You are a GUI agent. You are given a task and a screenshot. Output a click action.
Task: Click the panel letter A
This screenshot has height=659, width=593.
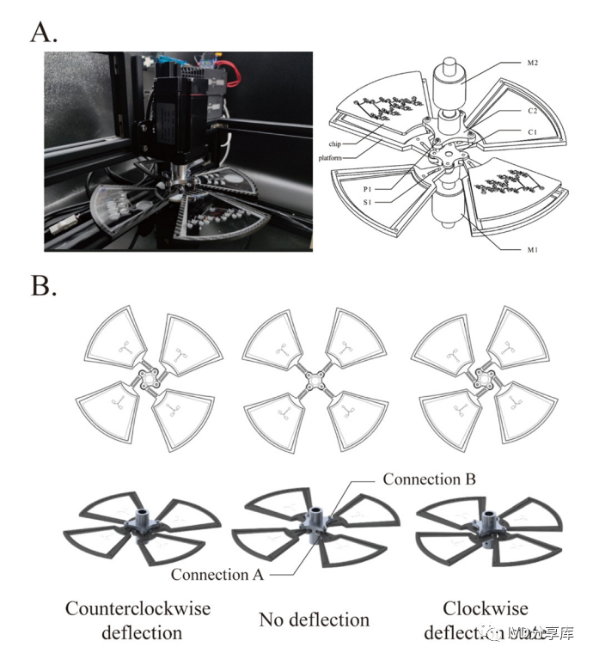click(43, 32)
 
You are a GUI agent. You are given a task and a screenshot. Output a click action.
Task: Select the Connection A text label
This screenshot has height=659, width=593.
click(217, 575)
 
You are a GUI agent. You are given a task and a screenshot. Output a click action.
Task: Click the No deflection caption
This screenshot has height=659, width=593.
click(314, 619)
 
